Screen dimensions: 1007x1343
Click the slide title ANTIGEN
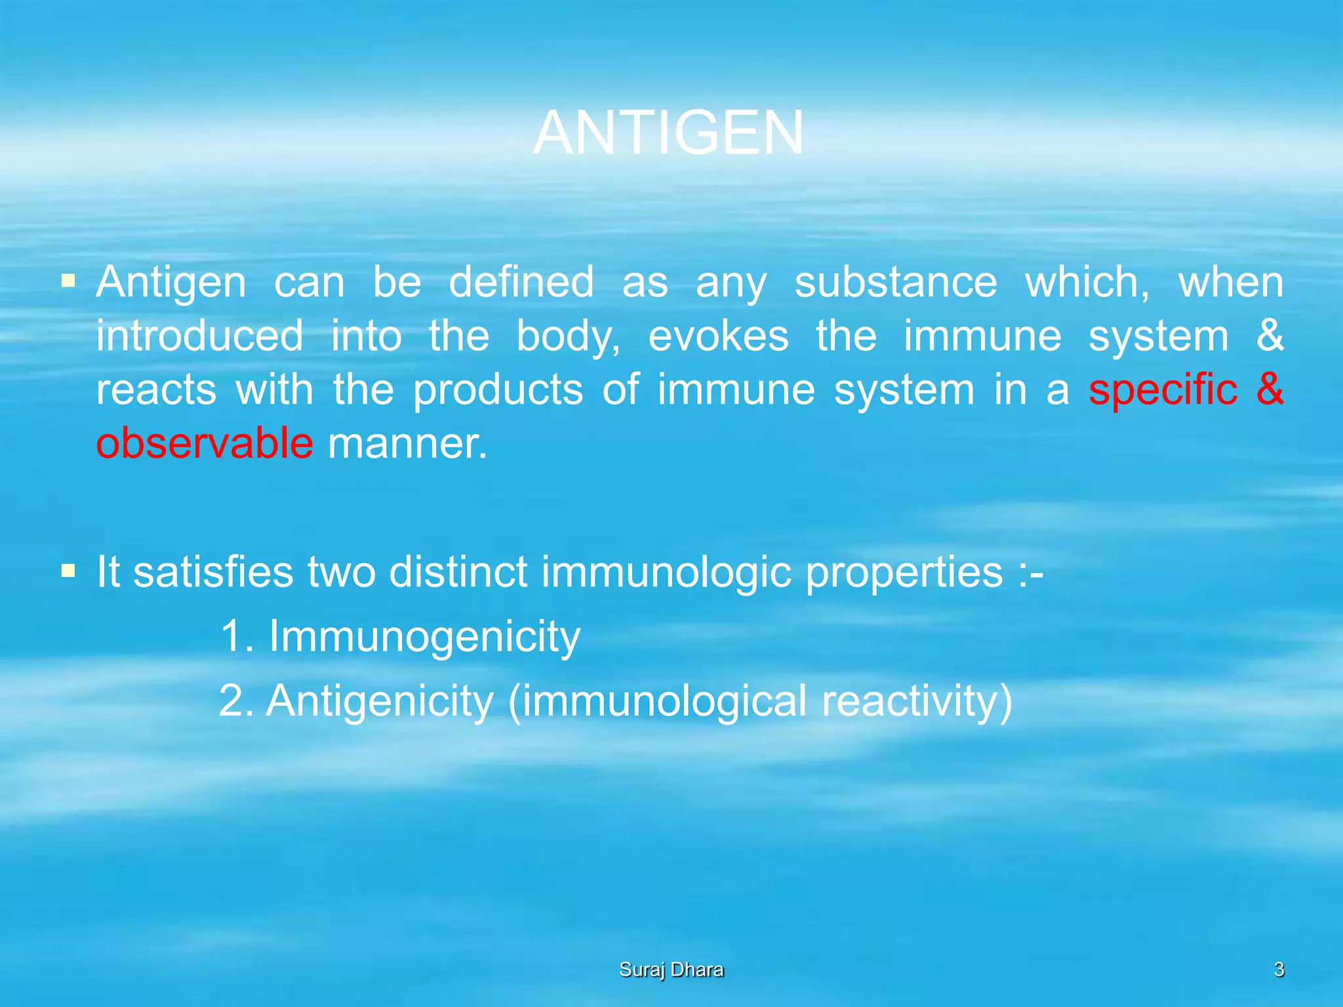click(668, 133)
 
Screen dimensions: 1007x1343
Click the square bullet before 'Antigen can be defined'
click(68, 282)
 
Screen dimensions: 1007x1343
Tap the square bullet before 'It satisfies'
click(68, 571)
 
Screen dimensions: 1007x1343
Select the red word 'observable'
click(205, 443)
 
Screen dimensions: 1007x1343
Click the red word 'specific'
click(1163, 389)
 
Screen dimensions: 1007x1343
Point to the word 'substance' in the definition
click(896, 283)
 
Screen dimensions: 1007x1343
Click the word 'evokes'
click(718, 336)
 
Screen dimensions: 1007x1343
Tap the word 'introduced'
click(199, 336)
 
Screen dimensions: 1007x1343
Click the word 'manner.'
click(407, 444)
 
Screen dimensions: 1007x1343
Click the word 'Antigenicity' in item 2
click(380, 701)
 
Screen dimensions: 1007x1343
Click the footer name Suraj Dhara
click(671, 970)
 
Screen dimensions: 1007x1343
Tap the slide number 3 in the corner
click(1278, 970)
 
